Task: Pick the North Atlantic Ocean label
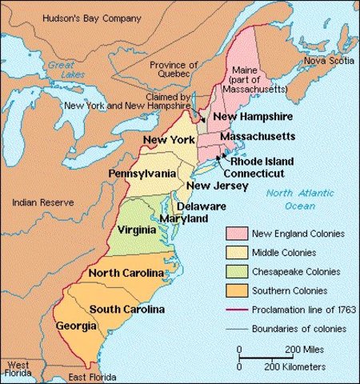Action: point(297,199)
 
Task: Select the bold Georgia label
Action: point(76,326)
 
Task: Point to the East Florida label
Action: point(89,376)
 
